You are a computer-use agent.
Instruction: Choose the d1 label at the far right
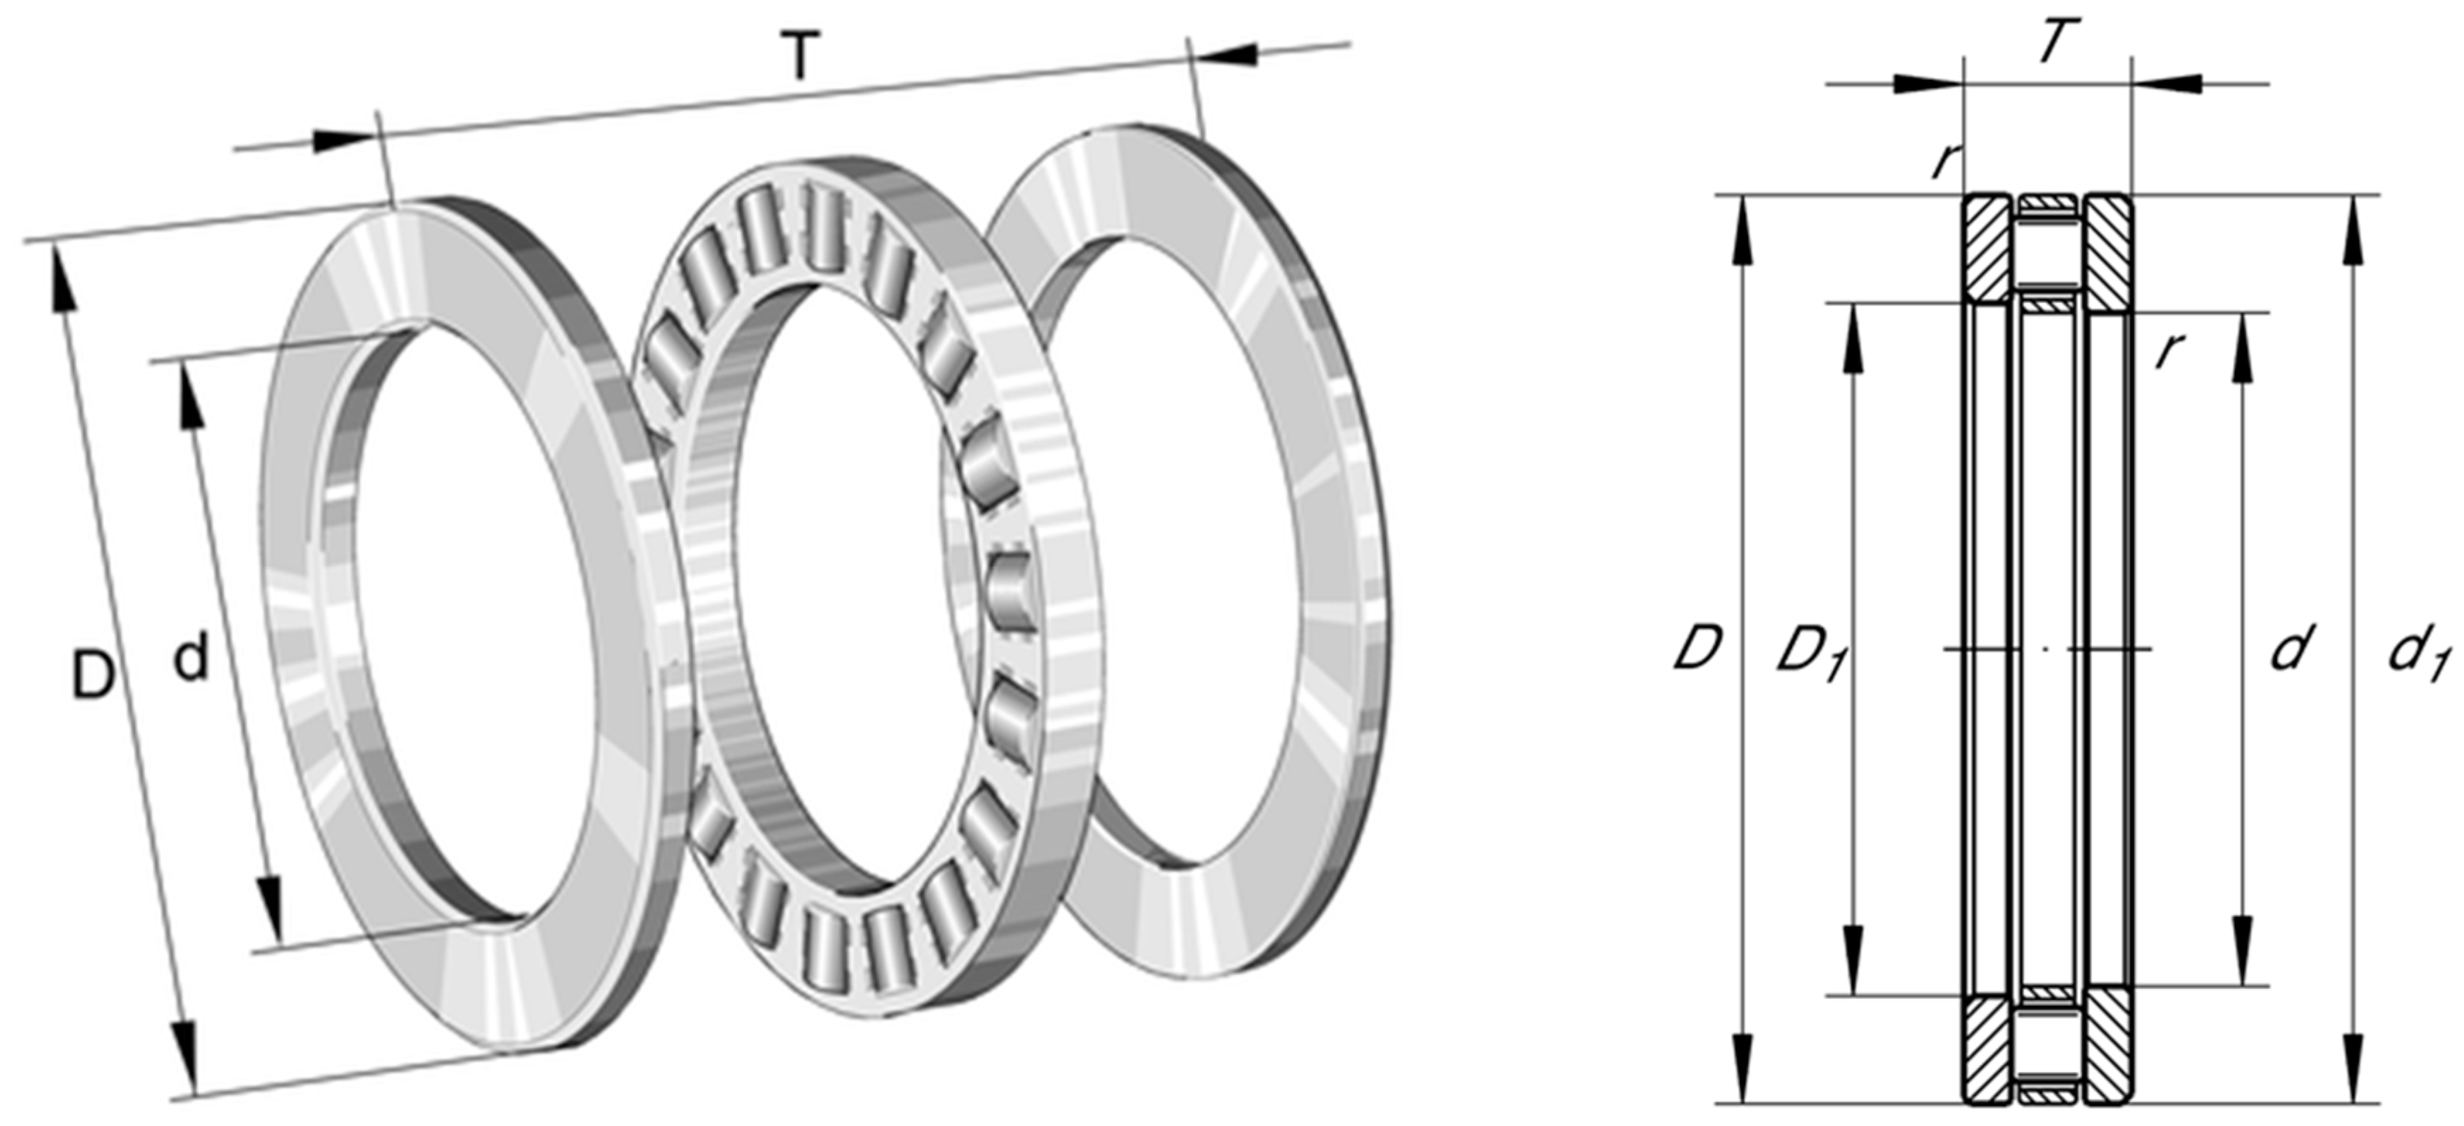2418,655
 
